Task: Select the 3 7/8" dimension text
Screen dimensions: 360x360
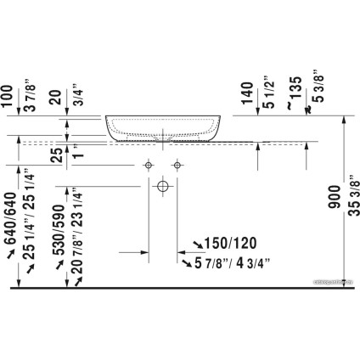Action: [32, 95]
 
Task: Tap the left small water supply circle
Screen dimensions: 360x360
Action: [149, 162]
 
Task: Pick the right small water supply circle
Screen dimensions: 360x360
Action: [178, 162]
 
